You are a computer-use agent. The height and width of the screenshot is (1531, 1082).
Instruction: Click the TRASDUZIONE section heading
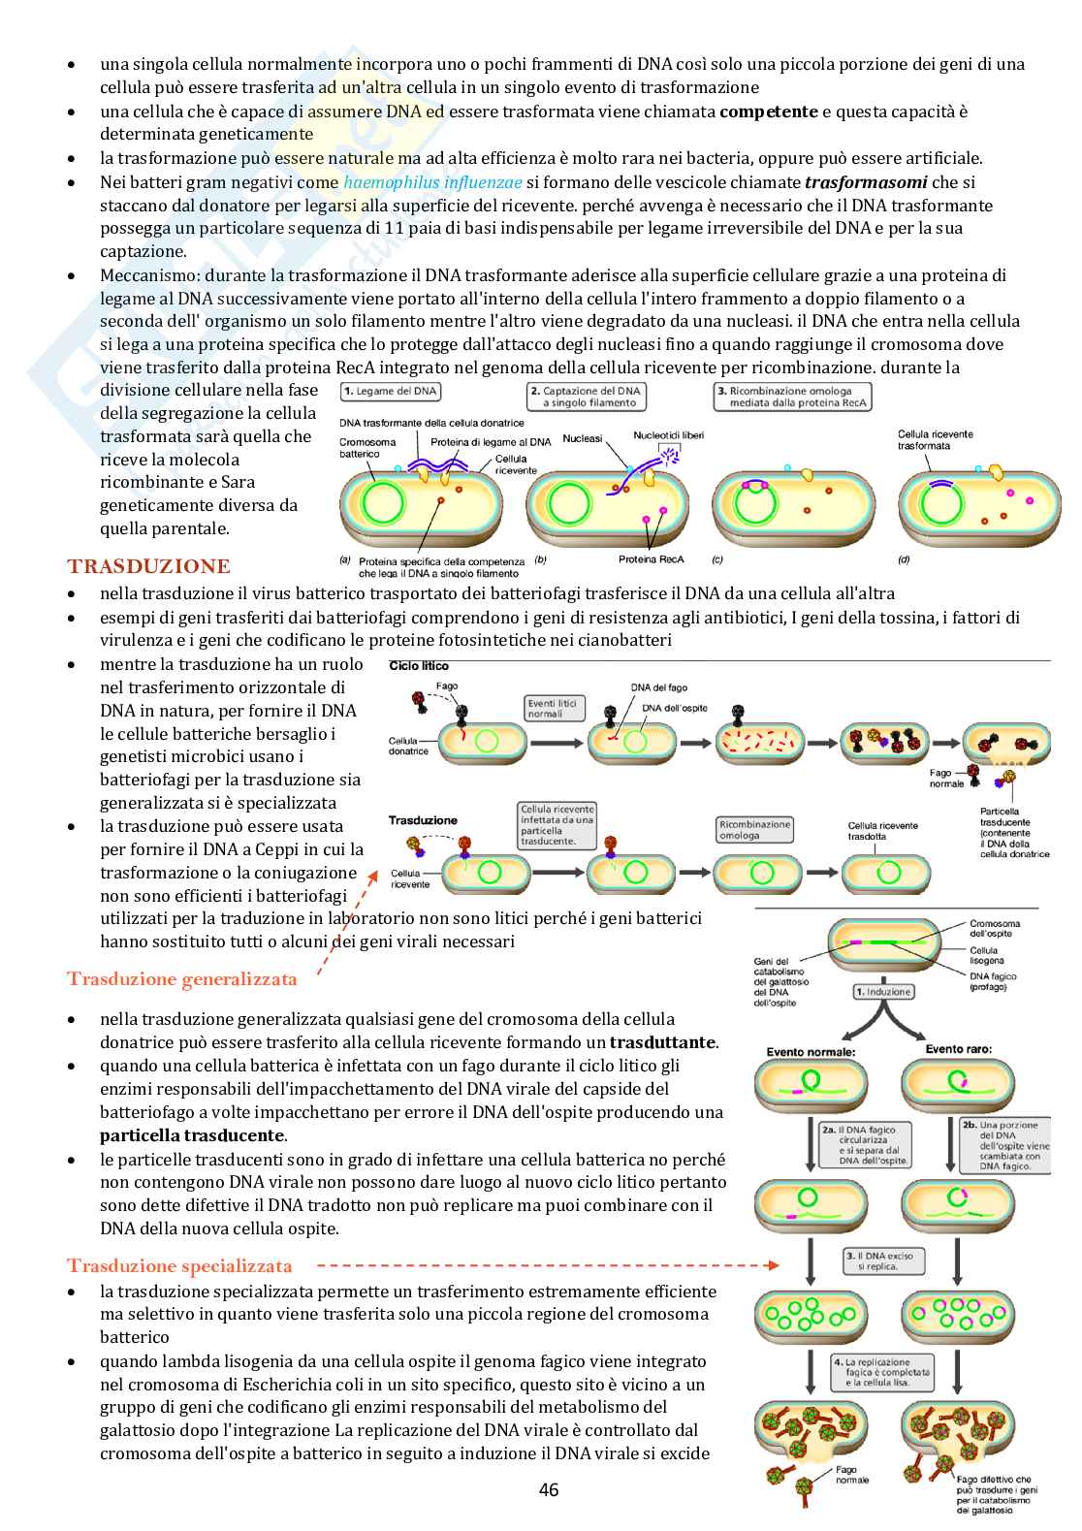click(x=148, y=566)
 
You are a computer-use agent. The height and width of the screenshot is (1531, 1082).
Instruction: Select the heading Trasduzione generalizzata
click(x=182, y=979)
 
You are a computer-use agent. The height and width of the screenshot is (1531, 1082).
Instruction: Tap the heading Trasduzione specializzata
click(x=179, y=1265)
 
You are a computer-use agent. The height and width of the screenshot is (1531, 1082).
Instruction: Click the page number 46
click(x=549, y=1489)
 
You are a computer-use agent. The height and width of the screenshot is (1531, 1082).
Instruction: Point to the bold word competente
click(x=768, y=112)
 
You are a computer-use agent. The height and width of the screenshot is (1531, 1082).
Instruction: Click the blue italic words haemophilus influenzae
click(x=432, y=182)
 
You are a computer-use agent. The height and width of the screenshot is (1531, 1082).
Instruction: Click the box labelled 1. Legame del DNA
click(x=391, y=392)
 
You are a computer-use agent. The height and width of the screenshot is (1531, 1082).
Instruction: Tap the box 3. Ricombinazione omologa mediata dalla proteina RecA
click(x=792, y=397)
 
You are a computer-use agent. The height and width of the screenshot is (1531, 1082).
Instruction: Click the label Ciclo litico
click(x=419, y=666)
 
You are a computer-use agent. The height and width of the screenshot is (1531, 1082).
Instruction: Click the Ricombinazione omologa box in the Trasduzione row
click(x=754, y=829)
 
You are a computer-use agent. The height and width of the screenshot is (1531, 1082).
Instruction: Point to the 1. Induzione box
click(x=883, y=992)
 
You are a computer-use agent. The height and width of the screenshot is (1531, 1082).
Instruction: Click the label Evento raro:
click(x=958, y=1049)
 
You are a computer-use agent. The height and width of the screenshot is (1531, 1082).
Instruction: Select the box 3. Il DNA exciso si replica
click(x=884, y=1260)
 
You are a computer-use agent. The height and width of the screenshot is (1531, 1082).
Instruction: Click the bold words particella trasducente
click(x=192, y=1135)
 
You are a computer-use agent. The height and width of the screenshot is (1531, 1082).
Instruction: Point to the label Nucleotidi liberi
click(x=668, y=435)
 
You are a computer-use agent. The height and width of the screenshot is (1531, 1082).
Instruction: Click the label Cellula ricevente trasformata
click(x=935, y=440)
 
